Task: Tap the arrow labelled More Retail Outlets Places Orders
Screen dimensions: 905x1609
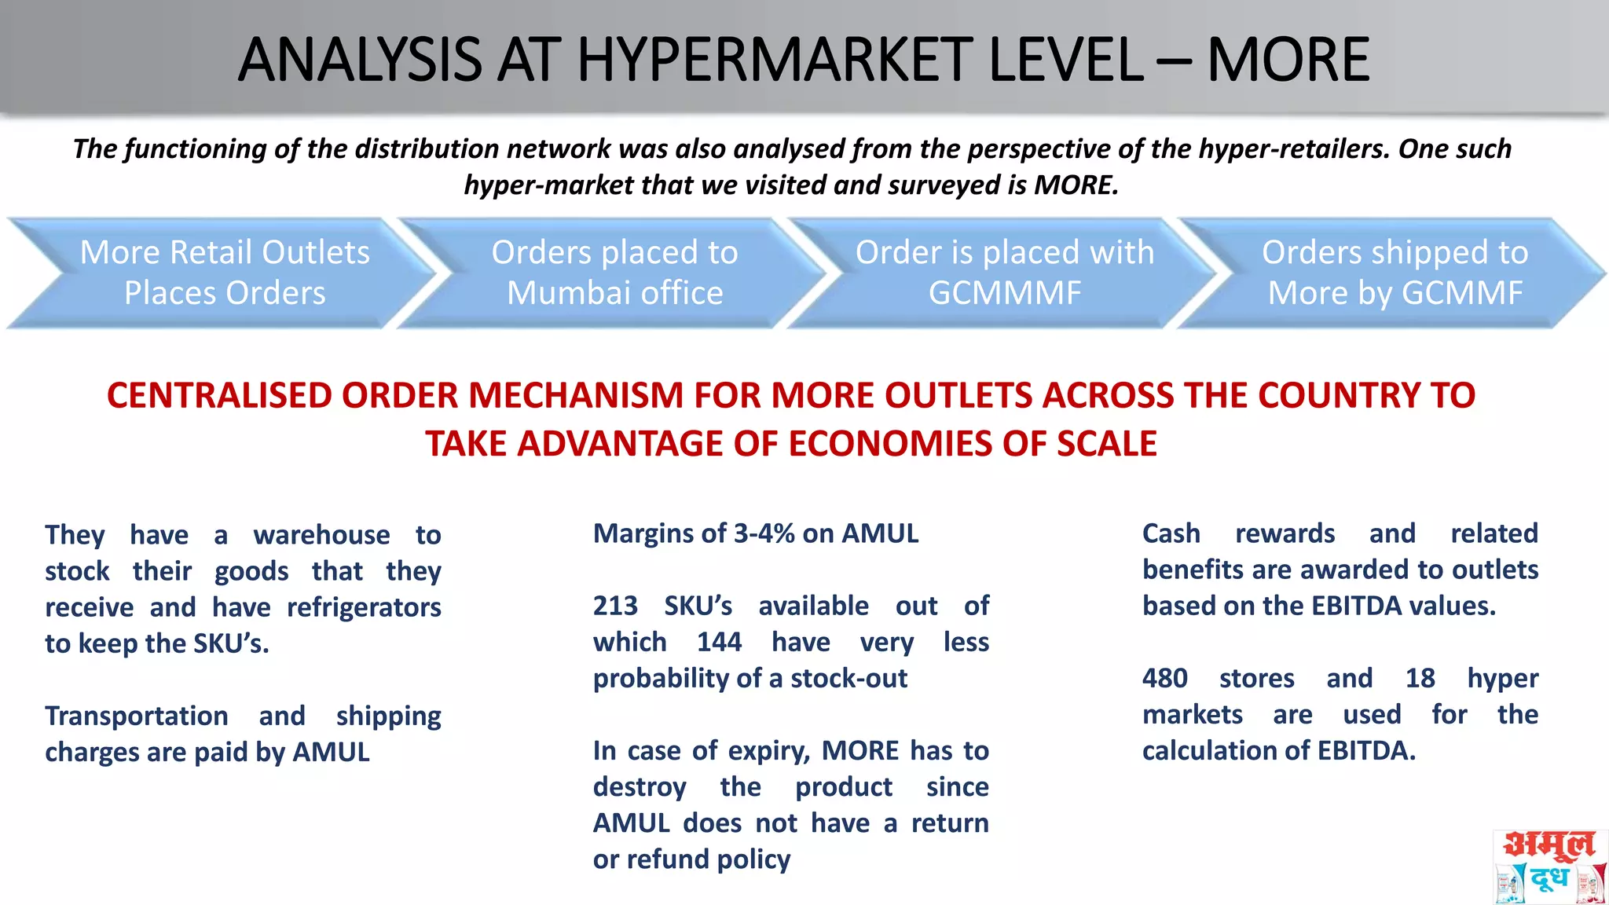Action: [225, 273]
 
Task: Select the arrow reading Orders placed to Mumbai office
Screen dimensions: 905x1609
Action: [614, 273]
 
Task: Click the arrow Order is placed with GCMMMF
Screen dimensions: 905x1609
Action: [1004, 273]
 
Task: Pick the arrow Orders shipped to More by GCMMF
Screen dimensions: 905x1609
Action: [1395, 273]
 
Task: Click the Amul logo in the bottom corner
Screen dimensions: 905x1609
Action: [1549, 866]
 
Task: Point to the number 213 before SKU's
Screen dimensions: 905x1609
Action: [615, 606]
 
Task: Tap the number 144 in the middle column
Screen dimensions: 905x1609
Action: [719, 642]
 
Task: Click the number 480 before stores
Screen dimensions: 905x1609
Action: [1164, 678]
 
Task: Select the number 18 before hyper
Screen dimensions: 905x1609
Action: [1420, 678]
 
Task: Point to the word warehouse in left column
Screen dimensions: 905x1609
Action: [321, 535]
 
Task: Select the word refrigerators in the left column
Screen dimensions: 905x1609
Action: [364, 607]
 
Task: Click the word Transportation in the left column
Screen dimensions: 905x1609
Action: [137, 716]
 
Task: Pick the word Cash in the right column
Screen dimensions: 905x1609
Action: [1171, 533]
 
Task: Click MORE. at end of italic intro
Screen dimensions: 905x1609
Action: [1076, 185]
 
